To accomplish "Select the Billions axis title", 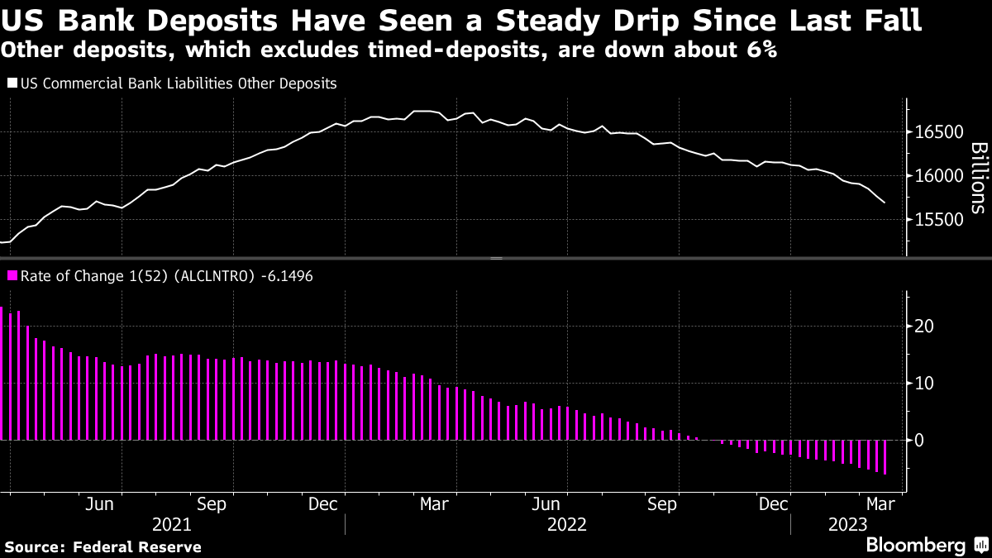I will (978, 178).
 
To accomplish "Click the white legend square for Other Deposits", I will (12, 83).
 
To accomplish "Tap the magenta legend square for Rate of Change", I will (12, 275).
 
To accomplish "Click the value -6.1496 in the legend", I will (286, 275).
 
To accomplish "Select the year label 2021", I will (172, 524).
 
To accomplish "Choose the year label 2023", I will (847, 524).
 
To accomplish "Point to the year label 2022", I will (567, 524).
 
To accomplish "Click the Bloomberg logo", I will (915, 545).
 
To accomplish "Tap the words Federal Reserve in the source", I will (136, 546).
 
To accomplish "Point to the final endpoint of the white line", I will (885, 203).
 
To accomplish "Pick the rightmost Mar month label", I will (878, 502).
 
